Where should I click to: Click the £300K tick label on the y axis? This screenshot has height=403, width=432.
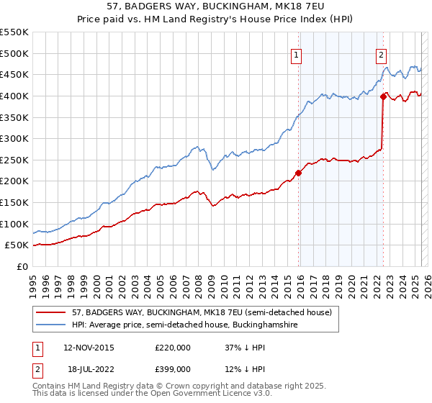(x=14, y=138)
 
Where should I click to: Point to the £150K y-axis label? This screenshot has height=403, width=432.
(x=14, y=202)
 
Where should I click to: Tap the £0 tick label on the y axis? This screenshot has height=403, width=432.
(x=22, y=266)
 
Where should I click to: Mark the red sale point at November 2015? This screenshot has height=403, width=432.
(x=299, y=173)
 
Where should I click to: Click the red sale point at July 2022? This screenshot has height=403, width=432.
(x=383, y=96)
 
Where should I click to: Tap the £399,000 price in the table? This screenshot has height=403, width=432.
(x=173, y=368)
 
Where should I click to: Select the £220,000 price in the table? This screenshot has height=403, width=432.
(x=173, y=347)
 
